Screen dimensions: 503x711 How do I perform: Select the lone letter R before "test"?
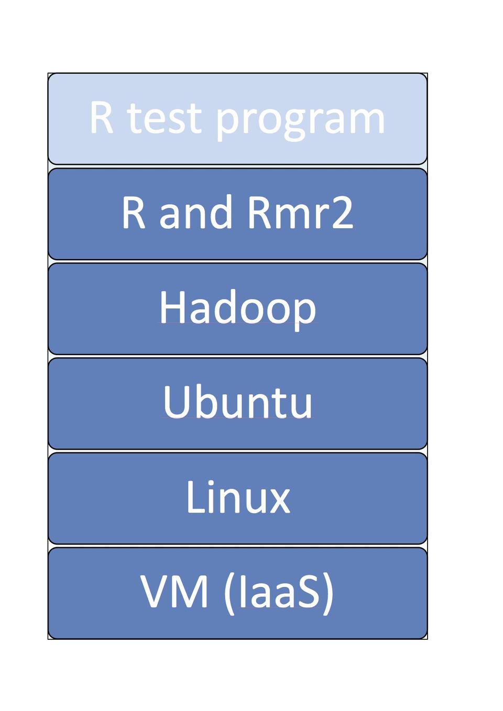(x=101, y=117)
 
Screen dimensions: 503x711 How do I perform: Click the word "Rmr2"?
(x=300, y=212)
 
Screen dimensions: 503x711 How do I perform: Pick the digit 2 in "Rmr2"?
(x=343, y=212)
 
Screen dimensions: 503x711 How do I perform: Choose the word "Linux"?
(x=238, y=496)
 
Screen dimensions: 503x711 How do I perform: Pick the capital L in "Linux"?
(x=196, y=497)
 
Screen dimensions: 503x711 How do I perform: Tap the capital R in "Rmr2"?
(x=259, y=213)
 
